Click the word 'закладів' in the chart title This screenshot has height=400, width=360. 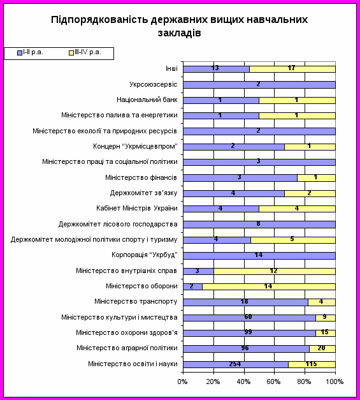(180, 33)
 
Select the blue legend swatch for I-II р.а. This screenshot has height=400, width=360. (20, 53)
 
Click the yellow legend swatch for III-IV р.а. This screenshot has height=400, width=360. (71, 53)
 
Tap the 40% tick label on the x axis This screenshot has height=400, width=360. (243, 381)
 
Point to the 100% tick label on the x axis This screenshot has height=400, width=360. (335, 381)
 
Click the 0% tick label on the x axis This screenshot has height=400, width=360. (182, 381)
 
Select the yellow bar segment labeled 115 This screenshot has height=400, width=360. (312, 364)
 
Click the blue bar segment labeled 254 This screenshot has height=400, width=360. (236, 364)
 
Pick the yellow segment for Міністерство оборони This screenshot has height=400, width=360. (269, 286)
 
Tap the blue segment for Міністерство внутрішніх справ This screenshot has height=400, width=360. (198, 271)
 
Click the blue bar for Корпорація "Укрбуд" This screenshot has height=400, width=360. (259, 256)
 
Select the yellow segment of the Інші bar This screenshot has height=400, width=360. (292, 69)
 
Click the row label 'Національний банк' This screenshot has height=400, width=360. (147, 100)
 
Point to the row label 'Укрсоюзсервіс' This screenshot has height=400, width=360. (154, 84)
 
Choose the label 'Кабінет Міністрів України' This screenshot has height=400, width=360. (137, 209)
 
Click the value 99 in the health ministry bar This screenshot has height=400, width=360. (248, 332)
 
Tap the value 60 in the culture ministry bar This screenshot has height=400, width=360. (248, 317)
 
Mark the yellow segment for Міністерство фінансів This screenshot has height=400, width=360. (317, 178)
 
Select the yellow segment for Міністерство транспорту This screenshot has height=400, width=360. (322, 302)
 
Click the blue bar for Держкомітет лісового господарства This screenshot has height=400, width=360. (259, 225)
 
